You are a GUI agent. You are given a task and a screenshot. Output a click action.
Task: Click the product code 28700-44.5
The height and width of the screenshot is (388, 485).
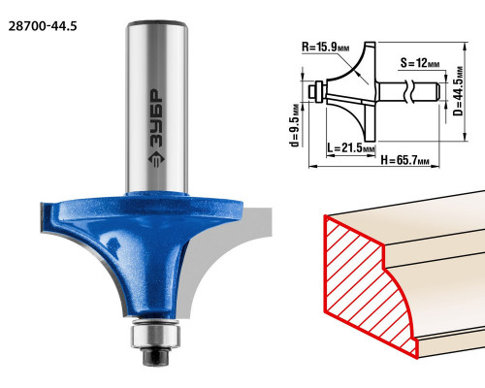[43, 26]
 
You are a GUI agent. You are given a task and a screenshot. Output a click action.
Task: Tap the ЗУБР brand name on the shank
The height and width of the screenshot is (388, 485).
[157, 118]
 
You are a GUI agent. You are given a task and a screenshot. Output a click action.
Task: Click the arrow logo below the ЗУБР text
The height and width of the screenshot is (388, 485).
[157, 159]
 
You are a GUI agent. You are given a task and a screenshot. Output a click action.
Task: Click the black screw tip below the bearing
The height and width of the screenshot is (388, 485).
[155, 357]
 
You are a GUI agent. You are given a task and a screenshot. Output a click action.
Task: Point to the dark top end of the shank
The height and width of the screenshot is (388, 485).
[157, 23]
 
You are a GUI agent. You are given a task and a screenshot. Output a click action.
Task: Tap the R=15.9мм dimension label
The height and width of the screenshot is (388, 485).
[326, 48]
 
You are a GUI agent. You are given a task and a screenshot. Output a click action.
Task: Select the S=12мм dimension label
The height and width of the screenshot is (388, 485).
[420, 62]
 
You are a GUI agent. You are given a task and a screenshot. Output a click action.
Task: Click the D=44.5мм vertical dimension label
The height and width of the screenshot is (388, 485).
[458, 91]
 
